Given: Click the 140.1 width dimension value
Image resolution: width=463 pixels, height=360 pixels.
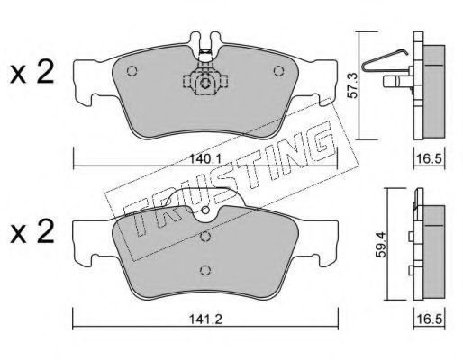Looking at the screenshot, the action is [x=205, y=159].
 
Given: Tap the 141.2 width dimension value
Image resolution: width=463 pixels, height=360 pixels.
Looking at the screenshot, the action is [x=205, y=319].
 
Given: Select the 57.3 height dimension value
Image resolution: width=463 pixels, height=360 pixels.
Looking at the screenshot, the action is [x=352, y=85].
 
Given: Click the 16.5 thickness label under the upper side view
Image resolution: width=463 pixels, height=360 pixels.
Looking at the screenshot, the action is [x=430, y=158].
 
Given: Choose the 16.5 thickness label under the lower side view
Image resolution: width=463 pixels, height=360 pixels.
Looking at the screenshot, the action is [x=430, y=319].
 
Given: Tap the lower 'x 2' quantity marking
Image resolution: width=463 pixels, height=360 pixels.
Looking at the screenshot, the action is [x=32, y=232].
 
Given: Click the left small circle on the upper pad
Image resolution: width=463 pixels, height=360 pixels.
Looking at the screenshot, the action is [x=132, y=71].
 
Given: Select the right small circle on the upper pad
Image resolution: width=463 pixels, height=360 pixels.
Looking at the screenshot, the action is [x=278, y=71].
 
